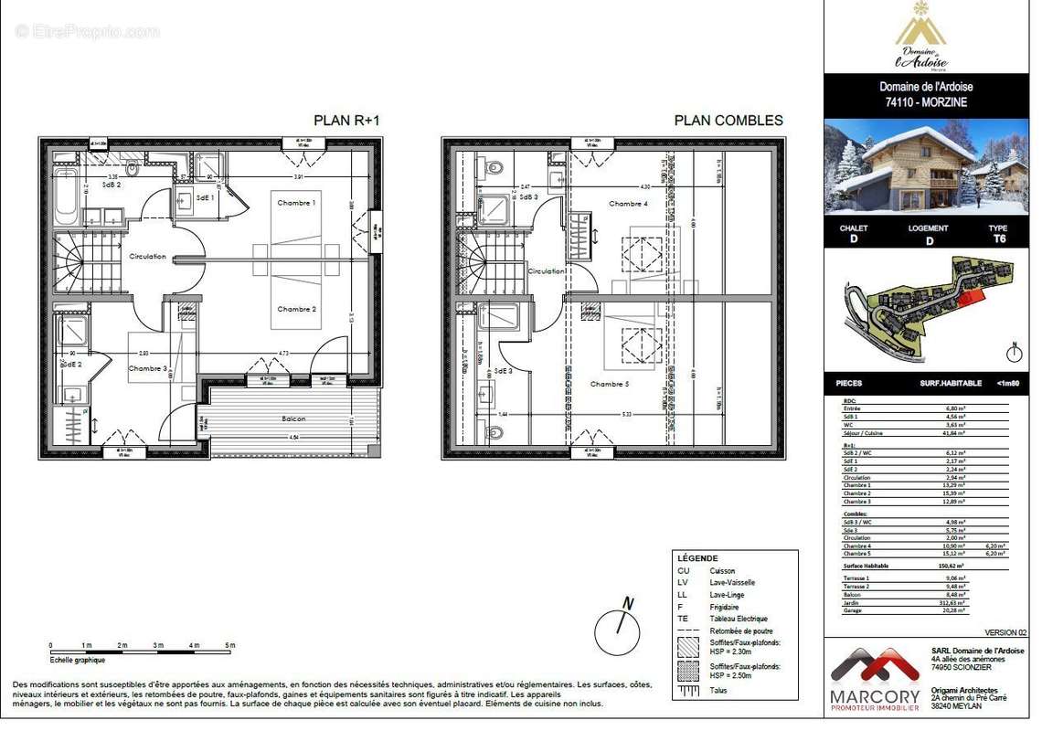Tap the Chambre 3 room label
click(x=147, y=368)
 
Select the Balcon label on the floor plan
click(x=293, y=418)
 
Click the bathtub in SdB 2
click(x=66, y=197)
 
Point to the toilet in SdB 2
click(x=133, y=169)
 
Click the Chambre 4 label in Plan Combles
click(x=629, y=204)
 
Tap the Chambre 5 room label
click(x=610, y=384)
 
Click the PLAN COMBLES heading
click(x=728, y=120)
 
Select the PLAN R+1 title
click(x=346, y=120)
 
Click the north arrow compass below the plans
click(x=617, y=630)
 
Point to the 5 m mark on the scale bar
click(x=229, y=645)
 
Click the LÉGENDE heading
click(x=697, y=558)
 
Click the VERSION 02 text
click(x=1005, y=632)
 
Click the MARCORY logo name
click(x=875, y=696)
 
